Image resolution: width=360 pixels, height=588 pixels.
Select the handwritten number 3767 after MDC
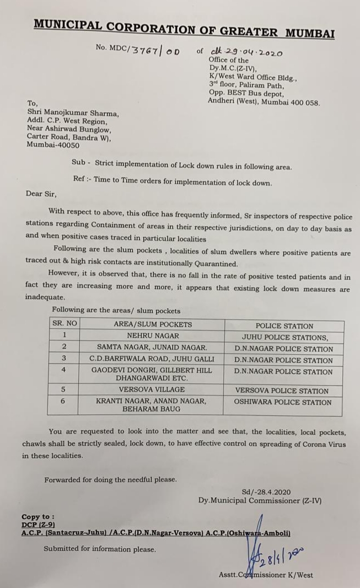(146, 50)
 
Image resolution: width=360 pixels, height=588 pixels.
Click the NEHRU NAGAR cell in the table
(153, 335)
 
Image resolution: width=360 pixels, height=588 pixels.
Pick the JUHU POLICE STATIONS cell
(284, 337)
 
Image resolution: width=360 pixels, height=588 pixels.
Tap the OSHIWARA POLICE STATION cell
(282, 402)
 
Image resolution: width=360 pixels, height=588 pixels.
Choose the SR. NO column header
(65, 324)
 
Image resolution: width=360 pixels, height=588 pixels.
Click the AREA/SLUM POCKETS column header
(153, 324)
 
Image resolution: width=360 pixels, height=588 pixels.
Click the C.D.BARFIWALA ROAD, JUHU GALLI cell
(152, 359)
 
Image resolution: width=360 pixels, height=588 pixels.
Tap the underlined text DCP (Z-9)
(38, 525)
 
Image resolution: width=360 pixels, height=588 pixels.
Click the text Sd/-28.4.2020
(266, 491)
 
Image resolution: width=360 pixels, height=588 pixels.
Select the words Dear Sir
(41, 194)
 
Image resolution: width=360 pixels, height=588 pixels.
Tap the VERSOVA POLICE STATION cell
(282, 391)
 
